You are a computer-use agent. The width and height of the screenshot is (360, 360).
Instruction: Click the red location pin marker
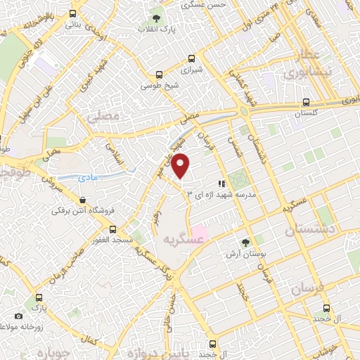[181, 166]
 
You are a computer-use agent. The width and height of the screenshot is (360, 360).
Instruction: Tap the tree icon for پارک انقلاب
[156, 18]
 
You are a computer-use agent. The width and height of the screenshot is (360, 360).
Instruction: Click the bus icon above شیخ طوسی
[160, 75]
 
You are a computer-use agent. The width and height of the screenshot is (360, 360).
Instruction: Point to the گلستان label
[306, 112]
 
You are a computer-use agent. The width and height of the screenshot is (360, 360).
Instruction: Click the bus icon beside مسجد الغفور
[112, 229]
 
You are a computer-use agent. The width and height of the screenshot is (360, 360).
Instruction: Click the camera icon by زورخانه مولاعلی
[18, 316]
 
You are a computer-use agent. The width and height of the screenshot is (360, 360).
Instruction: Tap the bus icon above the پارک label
[38, 297]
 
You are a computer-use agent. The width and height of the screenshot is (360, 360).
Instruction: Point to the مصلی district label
[99, 121]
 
